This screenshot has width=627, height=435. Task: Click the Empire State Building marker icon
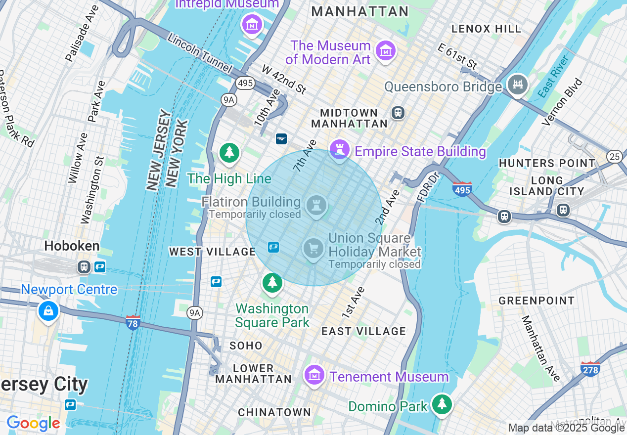[339, 149]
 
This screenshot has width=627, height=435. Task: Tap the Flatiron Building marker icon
[316, 205]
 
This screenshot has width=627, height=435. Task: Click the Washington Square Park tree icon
[272, 283]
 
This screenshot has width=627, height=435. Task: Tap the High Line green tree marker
[229, 153]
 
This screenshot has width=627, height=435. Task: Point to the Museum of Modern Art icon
[385, 50]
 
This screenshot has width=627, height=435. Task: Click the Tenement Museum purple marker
[314, 376]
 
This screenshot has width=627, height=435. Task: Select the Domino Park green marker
[442, 404]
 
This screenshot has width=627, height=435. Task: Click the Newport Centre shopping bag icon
[48, 310]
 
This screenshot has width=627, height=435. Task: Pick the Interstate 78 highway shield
[133, 322]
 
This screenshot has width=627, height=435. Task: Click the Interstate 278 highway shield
[590, 368]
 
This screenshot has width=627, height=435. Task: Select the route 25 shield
[615, 156]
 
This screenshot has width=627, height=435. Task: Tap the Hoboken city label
[72, 246]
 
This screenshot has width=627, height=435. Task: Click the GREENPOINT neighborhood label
[537, 301]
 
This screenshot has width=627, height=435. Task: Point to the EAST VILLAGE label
[363, 331]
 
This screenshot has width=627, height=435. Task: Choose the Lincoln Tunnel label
[200, 52]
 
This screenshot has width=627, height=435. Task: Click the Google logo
[33, 423]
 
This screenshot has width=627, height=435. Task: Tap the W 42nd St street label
[284, 80]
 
